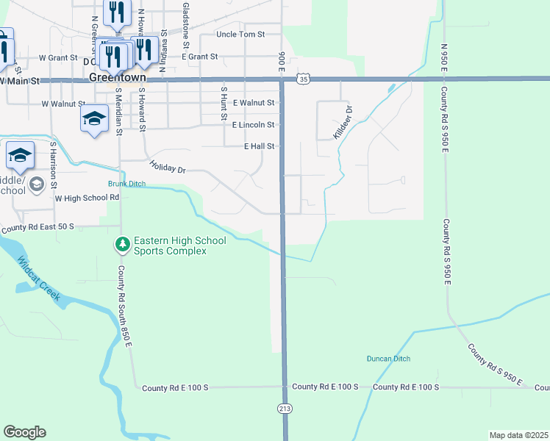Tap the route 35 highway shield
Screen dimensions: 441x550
pos(304,78)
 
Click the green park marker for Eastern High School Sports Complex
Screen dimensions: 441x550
pos(122,243)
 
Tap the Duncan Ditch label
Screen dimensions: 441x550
pos(388,359)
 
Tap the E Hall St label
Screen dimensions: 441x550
pos(260,146)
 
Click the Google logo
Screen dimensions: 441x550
pos(24,432)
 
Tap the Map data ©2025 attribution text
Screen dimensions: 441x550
pos(519,435)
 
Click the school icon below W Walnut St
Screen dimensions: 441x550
pos(94,121)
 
